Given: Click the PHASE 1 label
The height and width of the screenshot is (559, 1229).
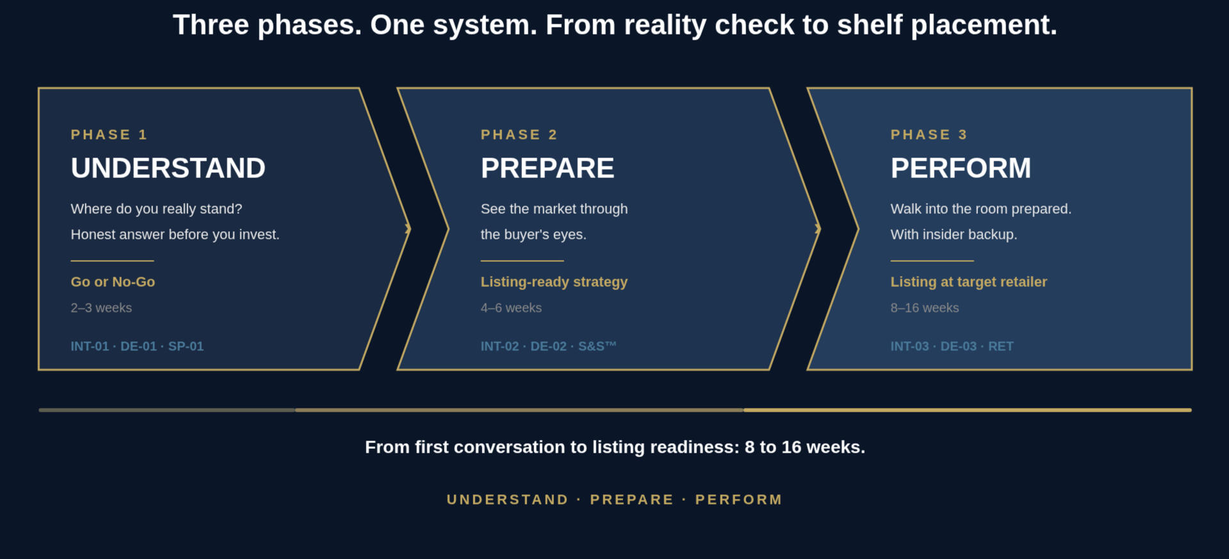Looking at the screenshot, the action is pos(109,134).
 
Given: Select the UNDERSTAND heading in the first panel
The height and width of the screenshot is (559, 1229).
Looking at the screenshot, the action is pos(168,168).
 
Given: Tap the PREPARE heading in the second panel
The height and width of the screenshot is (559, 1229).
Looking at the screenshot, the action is pos(548,168).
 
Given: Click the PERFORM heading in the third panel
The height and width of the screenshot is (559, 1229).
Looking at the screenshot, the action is pos(961,168).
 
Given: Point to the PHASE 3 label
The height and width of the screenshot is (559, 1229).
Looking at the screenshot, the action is pos(929,134).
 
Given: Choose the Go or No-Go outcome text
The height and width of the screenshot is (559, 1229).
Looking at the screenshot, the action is pos(113,282).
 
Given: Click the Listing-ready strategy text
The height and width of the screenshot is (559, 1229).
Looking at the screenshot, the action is pos(554,282).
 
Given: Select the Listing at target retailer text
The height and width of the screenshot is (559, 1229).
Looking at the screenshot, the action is pos(968,282).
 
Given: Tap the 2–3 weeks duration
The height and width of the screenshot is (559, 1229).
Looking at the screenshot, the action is pos(101,308).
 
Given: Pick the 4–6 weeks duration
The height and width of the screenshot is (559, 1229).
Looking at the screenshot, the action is pos(511,308).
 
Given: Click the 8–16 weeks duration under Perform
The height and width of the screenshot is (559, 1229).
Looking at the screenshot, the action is pos(924,308).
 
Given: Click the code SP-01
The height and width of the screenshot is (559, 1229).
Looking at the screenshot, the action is pos(186,346).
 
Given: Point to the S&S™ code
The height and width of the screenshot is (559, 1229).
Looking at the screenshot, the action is pos(597,346).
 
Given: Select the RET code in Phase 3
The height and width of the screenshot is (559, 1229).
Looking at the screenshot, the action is pos(1000,346).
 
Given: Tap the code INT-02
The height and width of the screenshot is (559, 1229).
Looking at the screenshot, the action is pos(500,346).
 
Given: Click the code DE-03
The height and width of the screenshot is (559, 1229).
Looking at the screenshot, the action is pos(958,346).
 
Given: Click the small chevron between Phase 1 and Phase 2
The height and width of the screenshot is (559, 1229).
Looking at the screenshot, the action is pos(408,229).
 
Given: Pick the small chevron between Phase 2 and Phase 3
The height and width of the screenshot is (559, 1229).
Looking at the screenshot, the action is pos(818,229).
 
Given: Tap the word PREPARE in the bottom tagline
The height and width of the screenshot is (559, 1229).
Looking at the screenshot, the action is pos(631,499).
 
